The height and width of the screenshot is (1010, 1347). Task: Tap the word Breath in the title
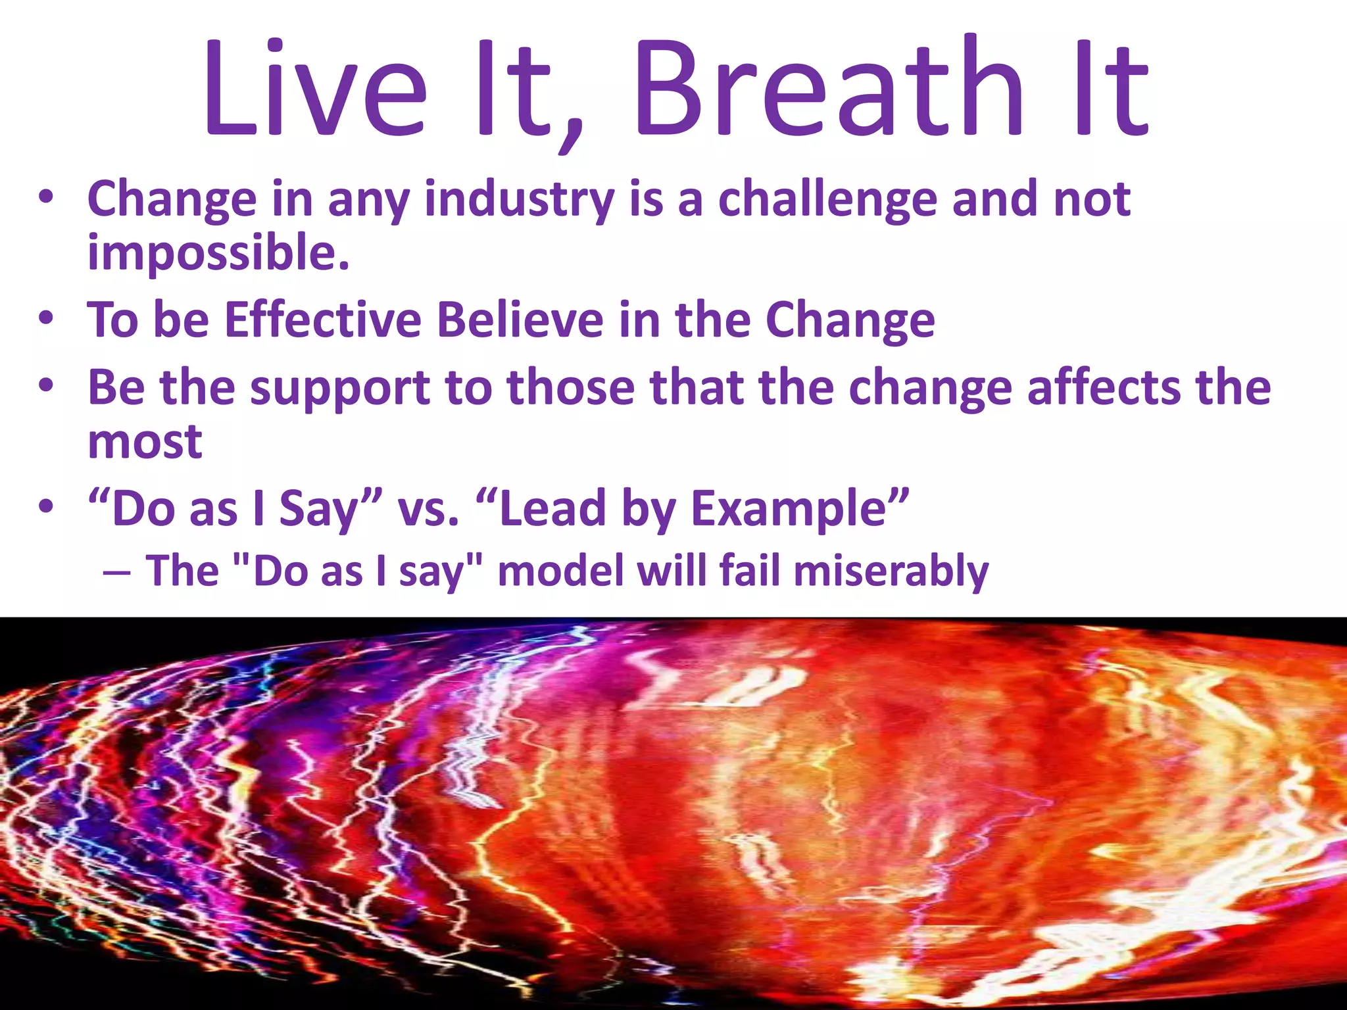[x=827, y=89]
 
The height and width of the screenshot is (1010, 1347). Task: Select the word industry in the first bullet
[x=520, y=199]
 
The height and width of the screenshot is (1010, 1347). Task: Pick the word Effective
[x=322, y=320]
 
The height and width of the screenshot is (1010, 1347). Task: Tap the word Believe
[x=520, y=320]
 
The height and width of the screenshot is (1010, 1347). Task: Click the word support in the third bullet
[x=340, y=388]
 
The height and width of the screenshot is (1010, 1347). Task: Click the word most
[x=145, y=442]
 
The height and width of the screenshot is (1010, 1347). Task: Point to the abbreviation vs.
[x=428, y=510]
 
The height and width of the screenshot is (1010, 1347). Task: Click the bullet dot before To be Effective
[x=45, y=319]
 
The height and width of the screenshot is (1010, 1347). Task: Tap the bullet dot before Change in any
[x=45, y=198]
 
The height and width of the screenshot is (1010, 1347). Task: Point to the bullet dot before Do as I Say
[x=45, y=508]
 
